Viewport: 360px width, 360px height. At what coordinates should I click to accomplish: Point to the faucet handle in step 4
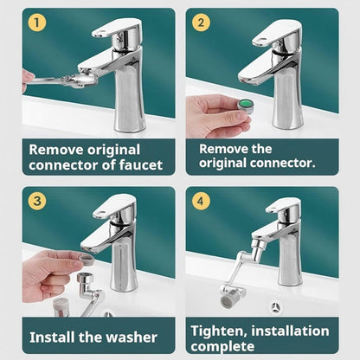[282, 208]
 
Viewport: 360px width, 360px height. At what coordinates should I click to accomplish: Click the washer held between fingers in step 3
[87, 258]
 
